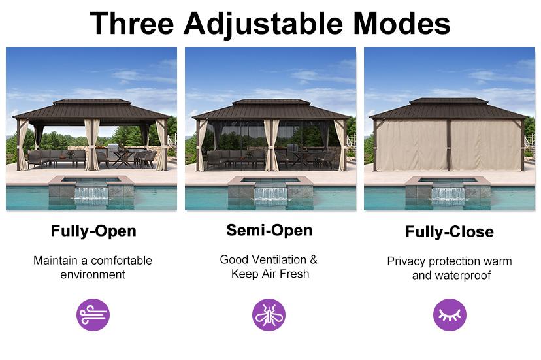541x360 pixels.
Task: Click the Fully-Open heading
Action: click(93, 231)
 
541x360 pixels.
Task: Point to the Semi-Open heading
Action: click(269, 231)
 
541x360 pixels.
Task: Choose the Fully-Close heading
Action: click(450, 232)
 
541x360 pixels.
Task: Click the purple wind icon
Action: click(93, 315)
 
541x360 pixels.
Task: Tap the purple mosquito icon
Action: click(269, 315)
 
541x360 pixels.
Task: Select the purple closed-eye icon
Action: click(450, 315)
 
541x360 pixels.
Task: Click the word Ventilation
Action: click(280, 260)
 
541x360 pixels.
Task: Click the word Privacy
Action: click(407, 261)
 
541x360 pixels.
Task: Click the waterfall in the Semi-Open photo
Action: click(270, 194)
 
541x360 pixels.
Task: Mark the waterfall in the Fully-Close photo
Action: click(448, 194)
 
